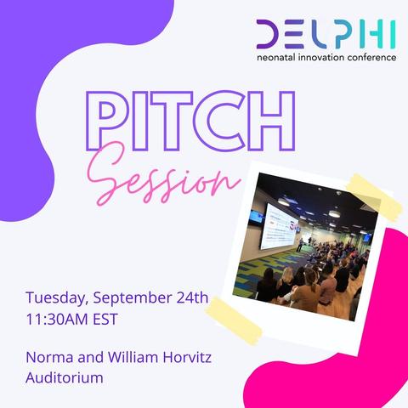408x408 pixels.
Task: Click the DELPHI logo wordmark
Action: point(326,34)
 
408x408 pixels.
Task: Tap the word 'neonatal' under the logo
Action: point(274,58)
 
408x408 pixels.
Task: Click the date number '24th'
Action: point(193,297)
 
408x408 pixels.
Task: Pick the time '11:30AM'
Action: point(57,320)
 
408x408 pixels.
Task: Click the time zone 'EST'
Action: point(105,320)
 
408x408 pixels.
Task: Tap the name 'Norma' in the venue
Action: point(49,357)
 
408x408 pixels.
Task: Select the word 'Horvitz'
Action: point(187,357)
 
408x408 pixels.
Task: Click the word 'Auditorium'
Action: point(65,377)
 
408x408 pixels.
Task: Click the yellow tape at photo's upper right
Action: point(374,198)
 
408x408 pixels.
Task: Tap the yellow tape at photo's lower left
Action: point(234,320)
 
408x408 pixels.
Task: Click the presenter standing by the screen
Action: point(300,245)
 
